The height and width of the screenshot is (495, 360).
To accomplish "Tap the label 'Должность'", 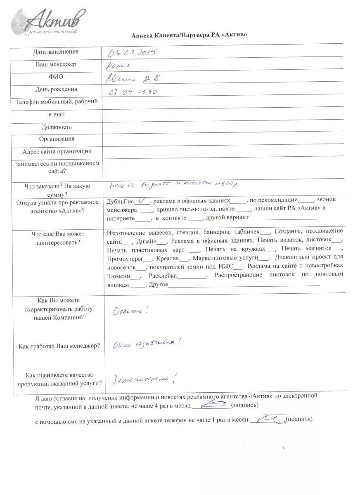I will pos(57,127).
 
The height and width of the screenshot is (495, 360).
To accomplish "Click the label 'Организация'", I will pos(57,139).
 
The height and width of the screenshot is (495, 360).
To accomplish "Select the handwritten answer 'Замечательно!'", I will pos(141,377).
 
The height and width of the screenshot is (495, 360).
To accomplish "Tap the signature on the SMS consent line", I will pos(267,419).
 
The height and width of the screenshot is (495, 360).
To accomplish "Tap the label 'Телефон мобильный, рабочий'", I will pos(57,102).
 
